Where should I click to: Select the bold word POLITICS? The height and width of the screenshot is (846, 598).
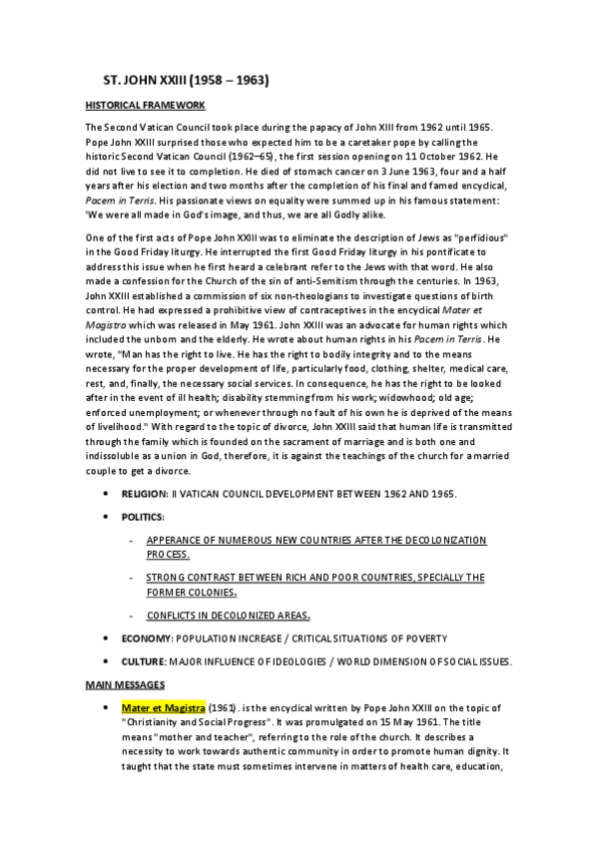click(144, 517)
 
